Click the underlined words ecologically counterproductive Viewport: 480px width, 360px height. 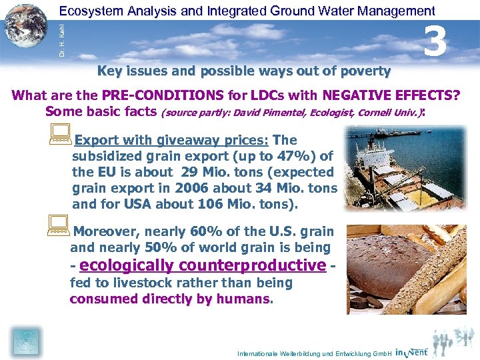(203, 265)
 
